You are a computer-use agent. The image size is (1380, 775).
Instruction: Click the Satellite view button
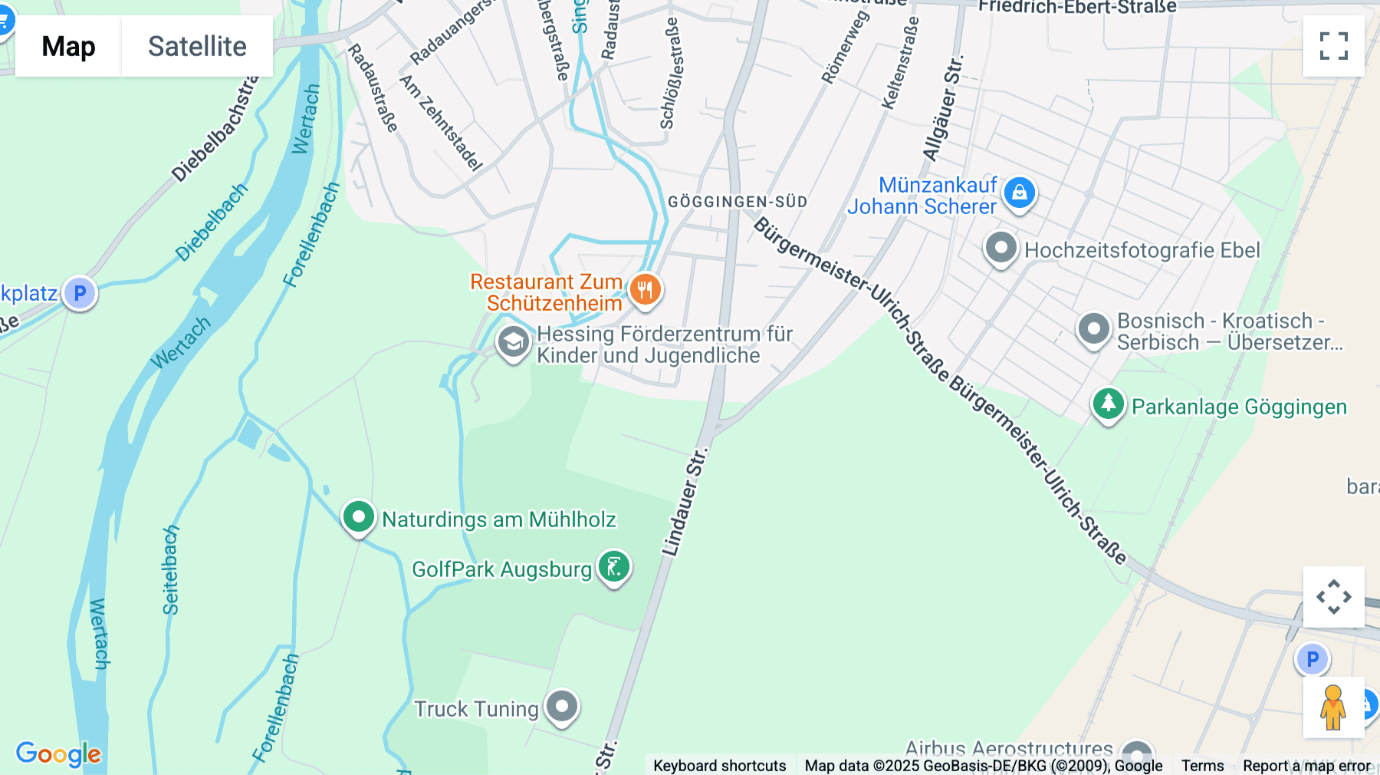pyautogui.click(x=197, y=46)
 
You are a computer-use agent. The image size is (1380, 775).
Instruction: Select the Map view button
pyautogui.click(x=68, y=46)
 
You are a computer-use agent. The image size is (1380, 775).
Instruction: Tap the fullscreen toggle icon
pyautogui.click(x=1333, y=46)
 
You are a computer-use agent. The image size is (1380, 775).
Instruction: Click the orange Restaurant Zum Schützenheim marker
pyautogui.click(x=645, y=290)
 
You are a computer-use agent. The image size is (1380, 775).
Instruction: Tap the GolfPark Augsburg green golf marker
pyautogui.click(x=614, y=567)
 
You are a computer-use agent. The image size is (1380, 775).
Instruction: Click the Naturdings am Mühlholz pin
pyautogui.click(x=358, y=517)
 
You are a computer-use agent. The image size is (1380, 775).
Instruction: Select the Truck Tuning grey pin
pyautogui.click(x=562, y=705)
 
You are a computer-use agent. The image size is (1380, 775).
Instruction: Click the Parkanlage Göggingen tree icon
pyautogui.click(x=1108, y=404)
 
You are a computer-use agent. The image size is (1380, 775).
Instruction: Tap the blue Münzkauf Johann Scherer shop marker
pyautogui.click(x=1019, y=193)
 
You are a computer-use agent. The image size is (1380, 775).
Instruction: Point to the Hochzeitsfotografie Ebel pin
pyautogui.click(x=1001, y=248)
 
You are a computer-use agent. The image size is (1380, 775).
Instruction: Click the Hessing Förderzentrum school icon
pyautogui.click(x=513, y=342)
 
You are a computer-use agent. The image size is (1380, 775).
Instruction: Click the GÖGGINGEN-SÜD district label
pyautogui.click(x=738, y=202)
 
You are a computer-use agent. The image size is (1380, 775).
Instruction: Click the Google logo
pyautogui.click(x=58, y=754)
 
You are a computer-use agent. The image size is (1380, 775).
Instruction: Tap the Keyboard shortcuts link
pyautogui.click(x=719, y=765)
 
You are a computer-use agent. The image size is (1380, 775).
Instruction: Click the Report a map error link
pyautogui.click(x=1306, y=765)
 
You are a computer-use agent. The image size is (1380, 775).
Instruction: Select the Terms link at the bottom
pyautogui.click(x=1202, y=765)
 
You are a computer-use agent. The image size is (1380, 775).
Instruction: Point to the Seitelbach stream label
pyautogui.click(x=170, y=570)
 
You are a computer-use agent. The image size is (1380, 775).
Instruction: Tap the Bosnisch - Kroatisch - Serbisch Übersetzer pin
pyautogui.click(x=1093, y=329)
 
